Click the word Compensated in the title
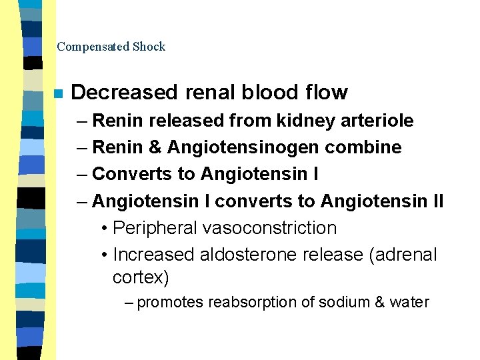(x=93, y=47)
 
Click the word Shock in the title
(x=149, y=47)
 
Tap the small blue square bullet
(x=59, y=93)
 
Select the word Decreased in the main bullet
(x=123, y=92)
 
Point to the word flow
(x=327, y=92)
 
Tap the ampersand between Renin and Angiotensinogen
(x=155, y=147)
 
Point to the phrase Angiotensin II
(x=382, y=201)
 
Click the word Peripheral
(x=155, y=228)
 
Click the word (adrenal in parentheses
(x=403, y=255)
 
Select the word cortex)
(x=141, y=277)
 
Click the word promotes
(x=170, y=302)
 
